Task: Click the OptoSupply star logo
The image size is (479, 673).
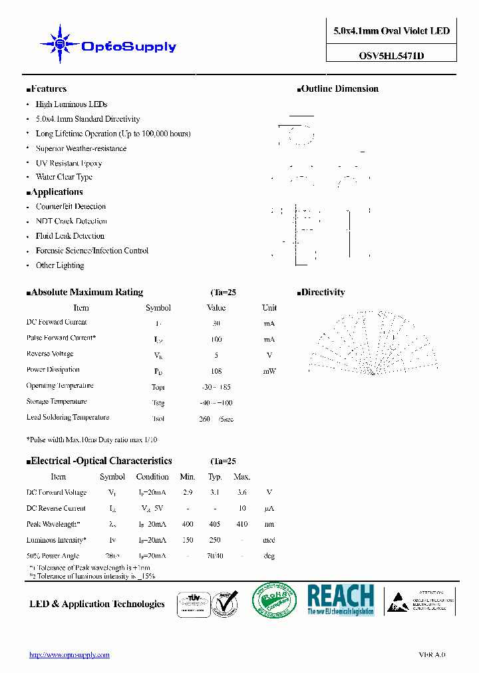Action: click(61, 45)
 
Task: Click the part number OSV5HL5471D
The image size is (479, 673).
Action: click(391, 57)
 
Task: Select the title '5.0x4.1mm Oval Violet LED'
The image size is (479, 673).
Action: click(391, 31)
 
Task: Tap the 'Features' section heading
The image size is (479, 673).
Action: click(48, 89)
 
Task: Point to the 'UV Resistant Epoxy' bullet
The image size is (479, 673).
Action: click(69, 163)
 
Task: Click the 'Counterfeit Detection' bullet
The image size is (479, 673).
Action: click(71, 207)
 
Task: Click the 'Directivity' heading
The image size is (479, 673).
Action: click(322, 293)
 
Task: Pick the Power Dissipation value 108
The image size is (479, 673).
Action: click(216, 371)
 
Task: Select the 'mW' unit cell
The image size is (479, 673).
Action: click(269, 371)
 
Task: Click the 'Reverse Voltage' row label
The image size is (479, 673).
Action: click(50, 354)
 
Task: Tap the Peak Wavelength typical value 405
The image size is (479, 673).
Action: click(214, 525)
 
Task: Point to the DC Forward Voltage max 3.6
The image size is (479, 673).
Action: click(241, 493)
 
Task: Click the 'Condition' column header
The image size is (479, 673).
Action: click(152, 477)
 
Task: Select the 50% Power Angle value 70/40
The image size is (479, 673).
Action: click(214, 556)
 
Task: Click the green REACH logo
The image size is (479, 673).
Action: click(341, 600)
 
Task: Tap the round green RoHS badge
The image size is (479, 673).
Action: click(274, 602)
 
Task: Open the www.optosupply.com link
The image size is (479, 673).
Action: click(69, 655)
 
